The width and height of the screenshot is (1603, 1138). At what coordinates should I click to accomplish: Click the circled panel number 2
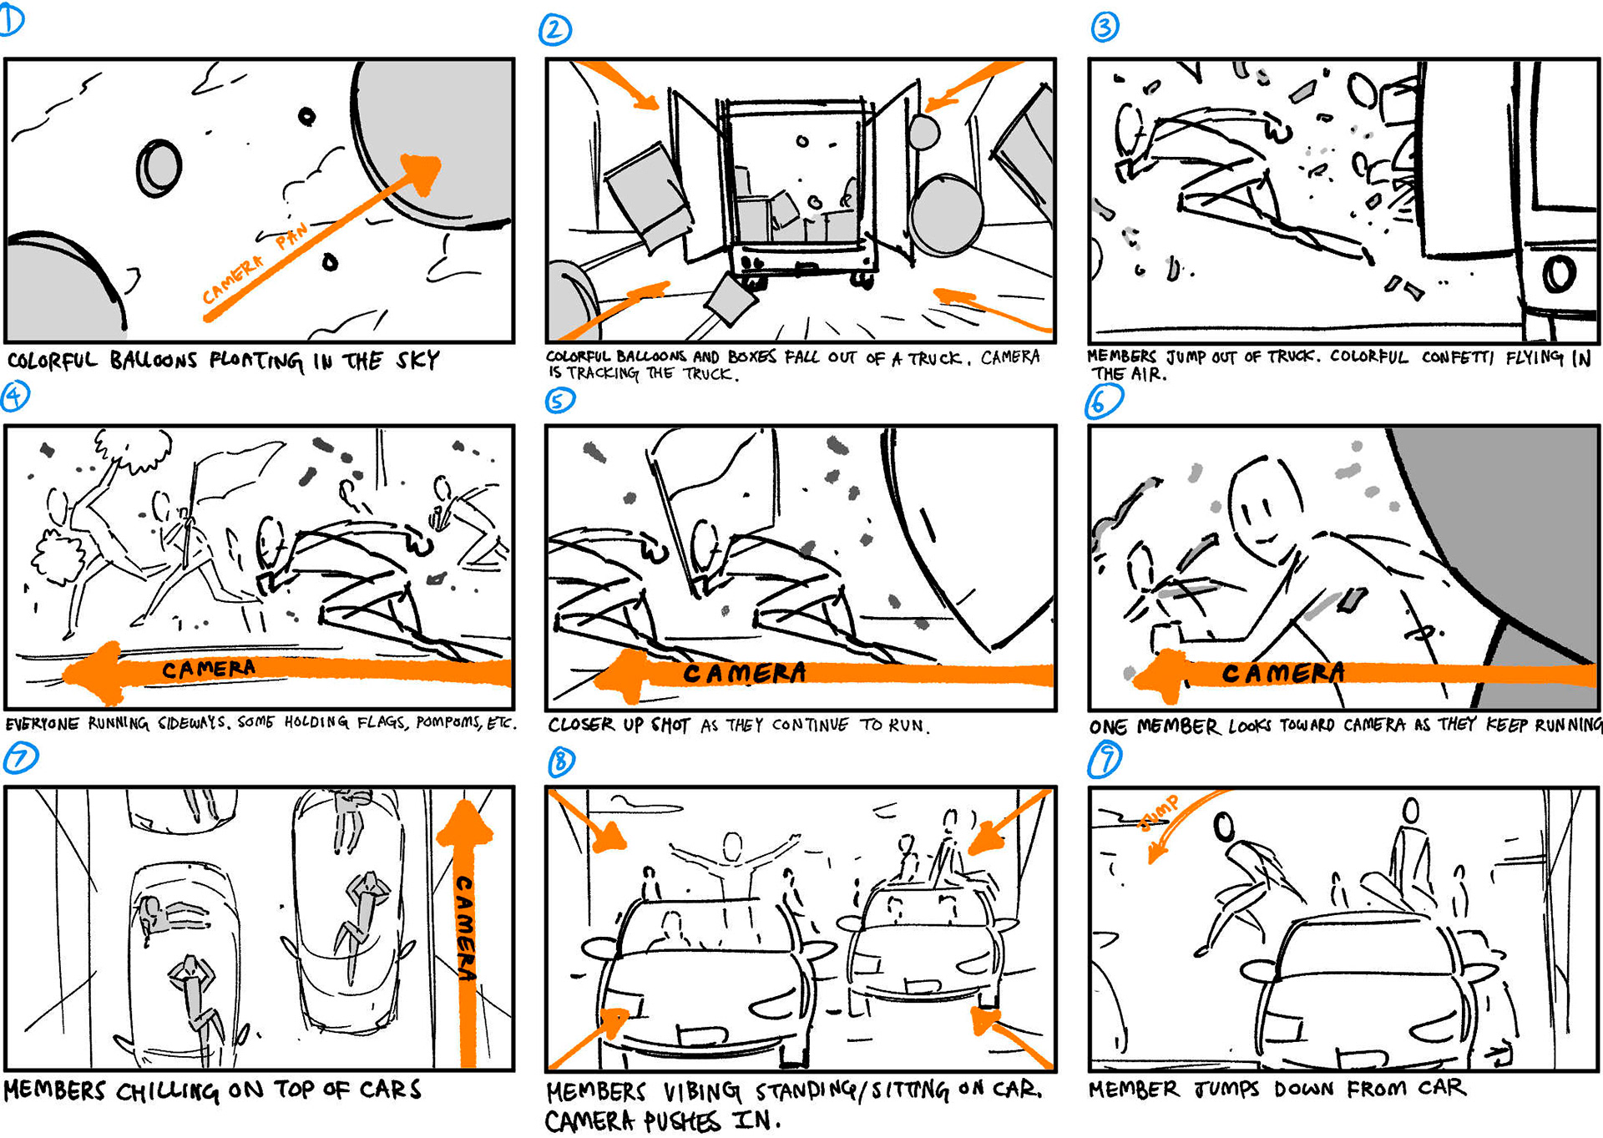[x=555, y=30]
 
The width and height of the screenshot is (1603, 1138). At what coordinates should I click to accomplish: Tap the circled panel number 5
[x=559, y=401]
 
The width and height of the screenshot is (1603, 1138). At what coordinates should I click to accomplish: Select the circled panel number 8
[x=562, y=761]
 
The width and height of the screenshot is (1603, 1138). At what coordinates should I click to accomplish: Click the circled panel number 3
[x=1105, y=28]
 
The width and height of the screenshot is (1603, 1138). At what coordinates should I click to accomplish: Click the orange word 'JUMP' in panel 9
[x=1160, y=812]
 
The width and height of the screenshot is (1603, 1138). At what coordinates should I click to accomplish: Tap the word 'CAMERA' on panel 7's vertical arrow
[x=464, y=928]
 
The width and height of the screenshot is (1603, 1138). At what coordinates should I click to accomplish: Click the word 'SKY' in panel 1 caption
[x=417, y=361]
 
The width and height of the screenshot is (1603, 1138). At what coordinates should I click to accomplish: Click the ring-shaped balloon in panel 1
[x=159, y=168]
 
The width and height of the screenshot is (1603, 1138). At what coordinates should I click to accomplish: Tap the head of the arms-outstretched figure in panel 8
[x=732, y=847]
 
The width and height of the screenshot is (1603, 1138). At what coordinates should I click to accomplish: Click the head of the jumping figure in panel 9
[x=1224, y=827]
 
